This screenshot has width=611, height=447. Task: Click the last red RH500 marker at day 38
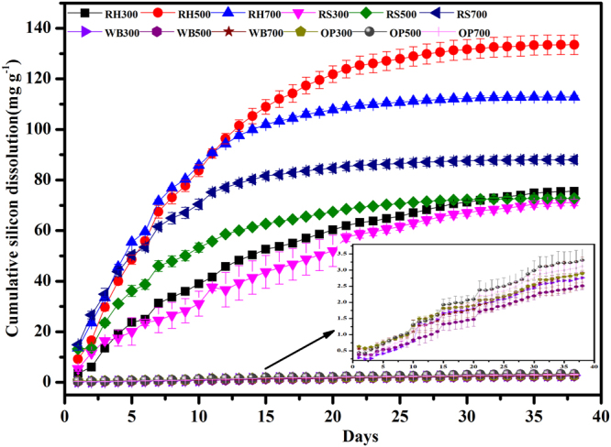(x=574, y=44)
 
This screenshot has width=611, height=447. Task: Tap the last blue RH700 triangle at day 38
(x=574, y=96)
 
